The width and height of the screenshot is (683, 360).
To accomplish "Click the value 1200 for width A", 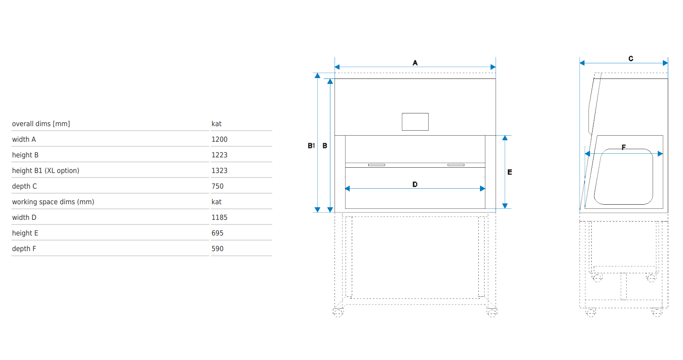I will (219, 139).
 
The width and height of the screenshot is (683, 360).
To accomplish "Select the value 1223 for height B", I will (219, 155).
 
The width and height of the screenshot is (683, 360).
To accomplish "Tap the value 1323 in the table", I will (219, 171).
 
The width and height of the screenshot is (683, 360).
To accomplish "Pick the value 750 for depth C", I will (217, 186).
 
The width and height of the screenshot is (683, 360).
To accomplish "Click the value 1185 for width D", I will (219, 217).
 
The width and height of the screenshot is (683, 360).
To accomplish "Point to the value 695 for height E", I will (217, 233).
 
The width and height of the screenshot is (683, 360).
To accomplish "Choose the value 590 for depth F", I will (217, 249).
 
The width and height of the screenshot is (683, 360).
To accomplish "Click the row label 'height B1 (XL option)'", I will (46, 171).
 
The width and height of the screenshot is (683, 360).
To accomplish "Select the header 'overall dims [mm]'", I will (41, 124).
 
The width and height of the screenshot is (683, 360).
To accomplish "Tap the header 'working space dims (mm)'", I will (53, 202).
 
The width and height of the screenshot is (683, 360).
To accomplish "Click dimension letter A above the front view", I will (415, 63).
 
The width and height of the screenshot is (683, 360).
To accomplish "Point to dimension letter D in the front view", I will (415, 185).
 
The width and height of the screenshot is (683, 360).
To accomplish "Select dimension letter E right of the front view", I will (510, 172).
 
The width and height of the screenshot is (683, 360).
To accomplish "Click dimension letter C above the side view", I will (631, 59).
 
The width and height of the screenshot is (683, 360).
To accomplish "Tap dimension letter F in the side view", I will (623, 147).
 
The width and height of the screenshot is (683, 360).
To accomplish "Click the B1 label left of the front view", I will (311, 146).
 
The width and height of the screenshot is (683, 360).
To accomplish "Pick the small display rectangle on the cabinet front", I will (415, 122).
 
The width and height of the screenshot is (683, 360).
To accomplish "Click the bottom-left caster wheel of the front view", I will (338, 313).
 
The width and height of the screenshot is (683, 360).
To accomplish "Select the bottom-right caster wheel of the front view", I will (492, 313).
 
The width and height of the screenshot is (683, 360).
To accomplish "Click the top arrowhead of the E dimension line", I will (505, 138).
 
